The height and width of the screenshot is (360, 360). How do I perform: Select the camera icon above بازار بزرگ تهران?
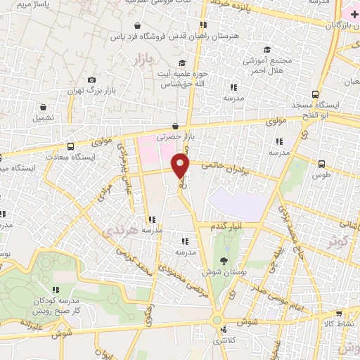coord(91,80)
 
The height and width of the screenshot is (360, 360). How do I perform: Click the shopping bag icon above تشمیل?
coord(44,108)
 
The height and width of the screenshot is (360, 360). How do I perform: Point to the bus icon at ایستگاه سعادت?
coord(70,146)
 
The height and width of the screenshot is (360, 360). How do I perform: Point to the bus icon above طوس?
coord(321,161)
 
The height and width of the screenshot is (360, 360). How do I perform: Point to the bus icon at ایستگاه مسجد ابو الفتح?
coord(315,94)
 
